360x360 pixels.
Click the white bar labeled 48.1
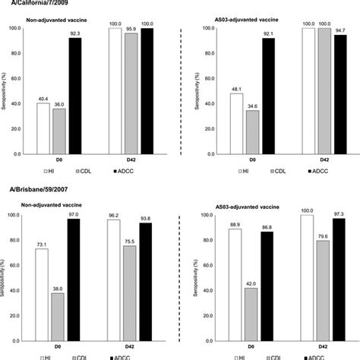236,123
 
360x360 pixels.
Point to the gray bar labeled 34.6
251,132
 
